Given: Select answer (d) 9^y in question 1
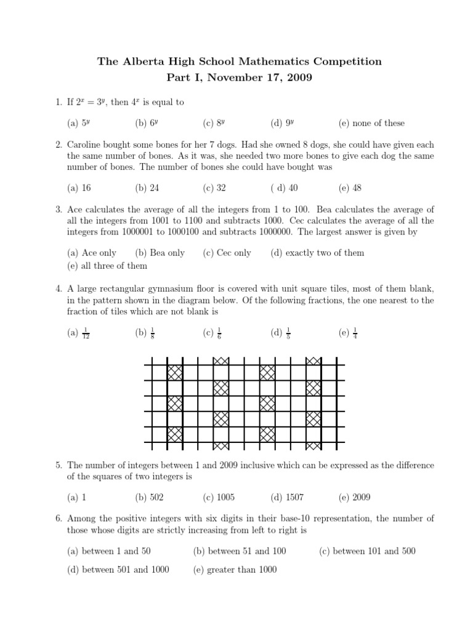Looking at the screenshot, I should tap(281, 123).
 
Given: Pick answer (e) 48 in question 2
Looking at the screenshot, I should tap(349, 188).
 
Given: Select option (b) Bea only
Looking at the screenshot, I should tap(160, 253).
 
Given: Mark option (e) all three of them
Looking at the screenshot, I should tap(107, 266).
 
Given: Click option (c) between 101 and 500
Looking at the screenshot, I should tap(367, 551).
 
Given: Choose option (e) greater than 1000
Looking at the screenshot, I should tap(235, 570).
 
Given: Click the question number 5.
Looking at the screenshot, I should tap(58, 465).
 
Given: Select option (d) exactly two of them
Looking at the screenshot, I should tap(317, 253).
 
